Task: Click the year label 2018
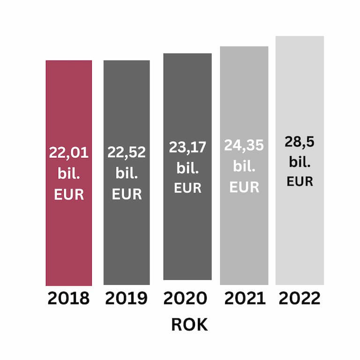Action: pyautogui.click(x=68, y=299)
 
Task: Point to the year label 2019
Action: pyautogui.click(x=126, y=299)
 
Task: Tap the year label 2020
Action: pyautogui.click(x=186, y=299)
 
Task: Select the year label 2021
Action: pyautogui.click(x=244, y=299)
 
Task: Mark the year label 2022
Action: pyautogui.click(x=300, y=299)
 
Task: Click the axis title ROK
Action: pyautogui.click(x=189, y=325)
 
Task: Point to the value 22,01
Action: pyautogui.click(x=69, y=153)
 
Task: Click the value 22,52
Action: pyautogui.click(x=127, y=152)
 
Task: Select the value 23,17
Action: pyautogui.click(x=187, y=147)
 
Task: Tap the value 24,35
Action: pyautogui.click(x=244, y=145)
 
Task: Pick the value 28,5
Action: pyautogui.click(x=300, y=142)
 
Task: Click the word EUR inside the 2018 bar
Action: pyautogui.click(x=69, y=195)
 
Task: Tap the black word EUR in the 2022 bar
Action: pyautogui.click(x=300, y=181)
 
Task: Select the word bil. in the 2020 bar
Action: pyautogui.click(x=187, y=167)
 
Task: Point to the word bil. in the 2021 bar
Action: pyautogui.click(x=244, y=166)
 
